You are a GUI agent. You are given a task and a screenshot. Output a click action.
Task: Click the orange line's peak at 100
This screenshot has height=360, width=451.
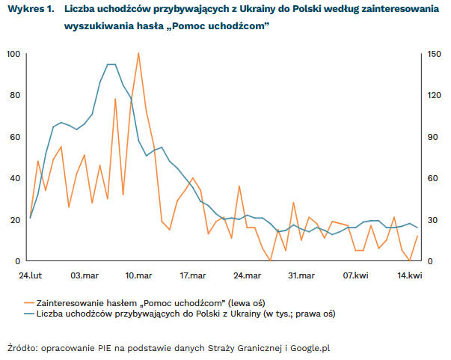138,53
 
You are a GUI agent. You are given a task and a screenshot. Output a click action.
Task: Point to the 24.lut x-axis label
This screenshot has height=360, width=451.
31,276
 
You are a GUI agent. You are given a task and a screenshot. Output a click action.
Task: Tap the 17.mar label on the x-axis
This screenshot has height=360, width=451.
193,276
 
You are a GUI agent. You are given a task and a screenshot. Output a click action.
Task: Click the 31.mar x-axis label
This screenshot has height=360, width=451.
301,276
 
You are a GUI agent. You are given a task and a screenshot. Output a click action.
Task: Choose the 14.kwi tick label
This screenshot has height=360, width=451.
409,276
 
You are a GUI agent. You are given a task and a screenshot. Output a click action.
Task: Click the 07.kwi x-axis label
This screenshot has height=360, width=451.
355,276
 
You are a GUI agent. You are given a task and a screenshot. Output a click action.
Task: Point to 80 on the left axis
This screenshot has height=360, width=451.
14,95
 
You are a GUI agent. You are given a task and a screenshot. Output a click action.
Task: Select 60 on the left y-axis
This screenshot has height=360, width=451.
14,137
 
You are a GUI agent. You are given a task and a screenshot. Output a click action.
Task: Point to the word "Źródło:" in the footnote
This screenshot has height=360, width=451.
22,347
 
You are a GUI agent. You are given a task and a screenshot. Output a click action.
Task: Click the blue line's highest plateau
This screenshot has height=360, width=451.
111,64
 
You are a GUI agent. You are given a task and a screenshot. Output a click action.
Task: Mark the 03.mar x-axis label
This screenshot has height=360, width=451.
85,276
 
